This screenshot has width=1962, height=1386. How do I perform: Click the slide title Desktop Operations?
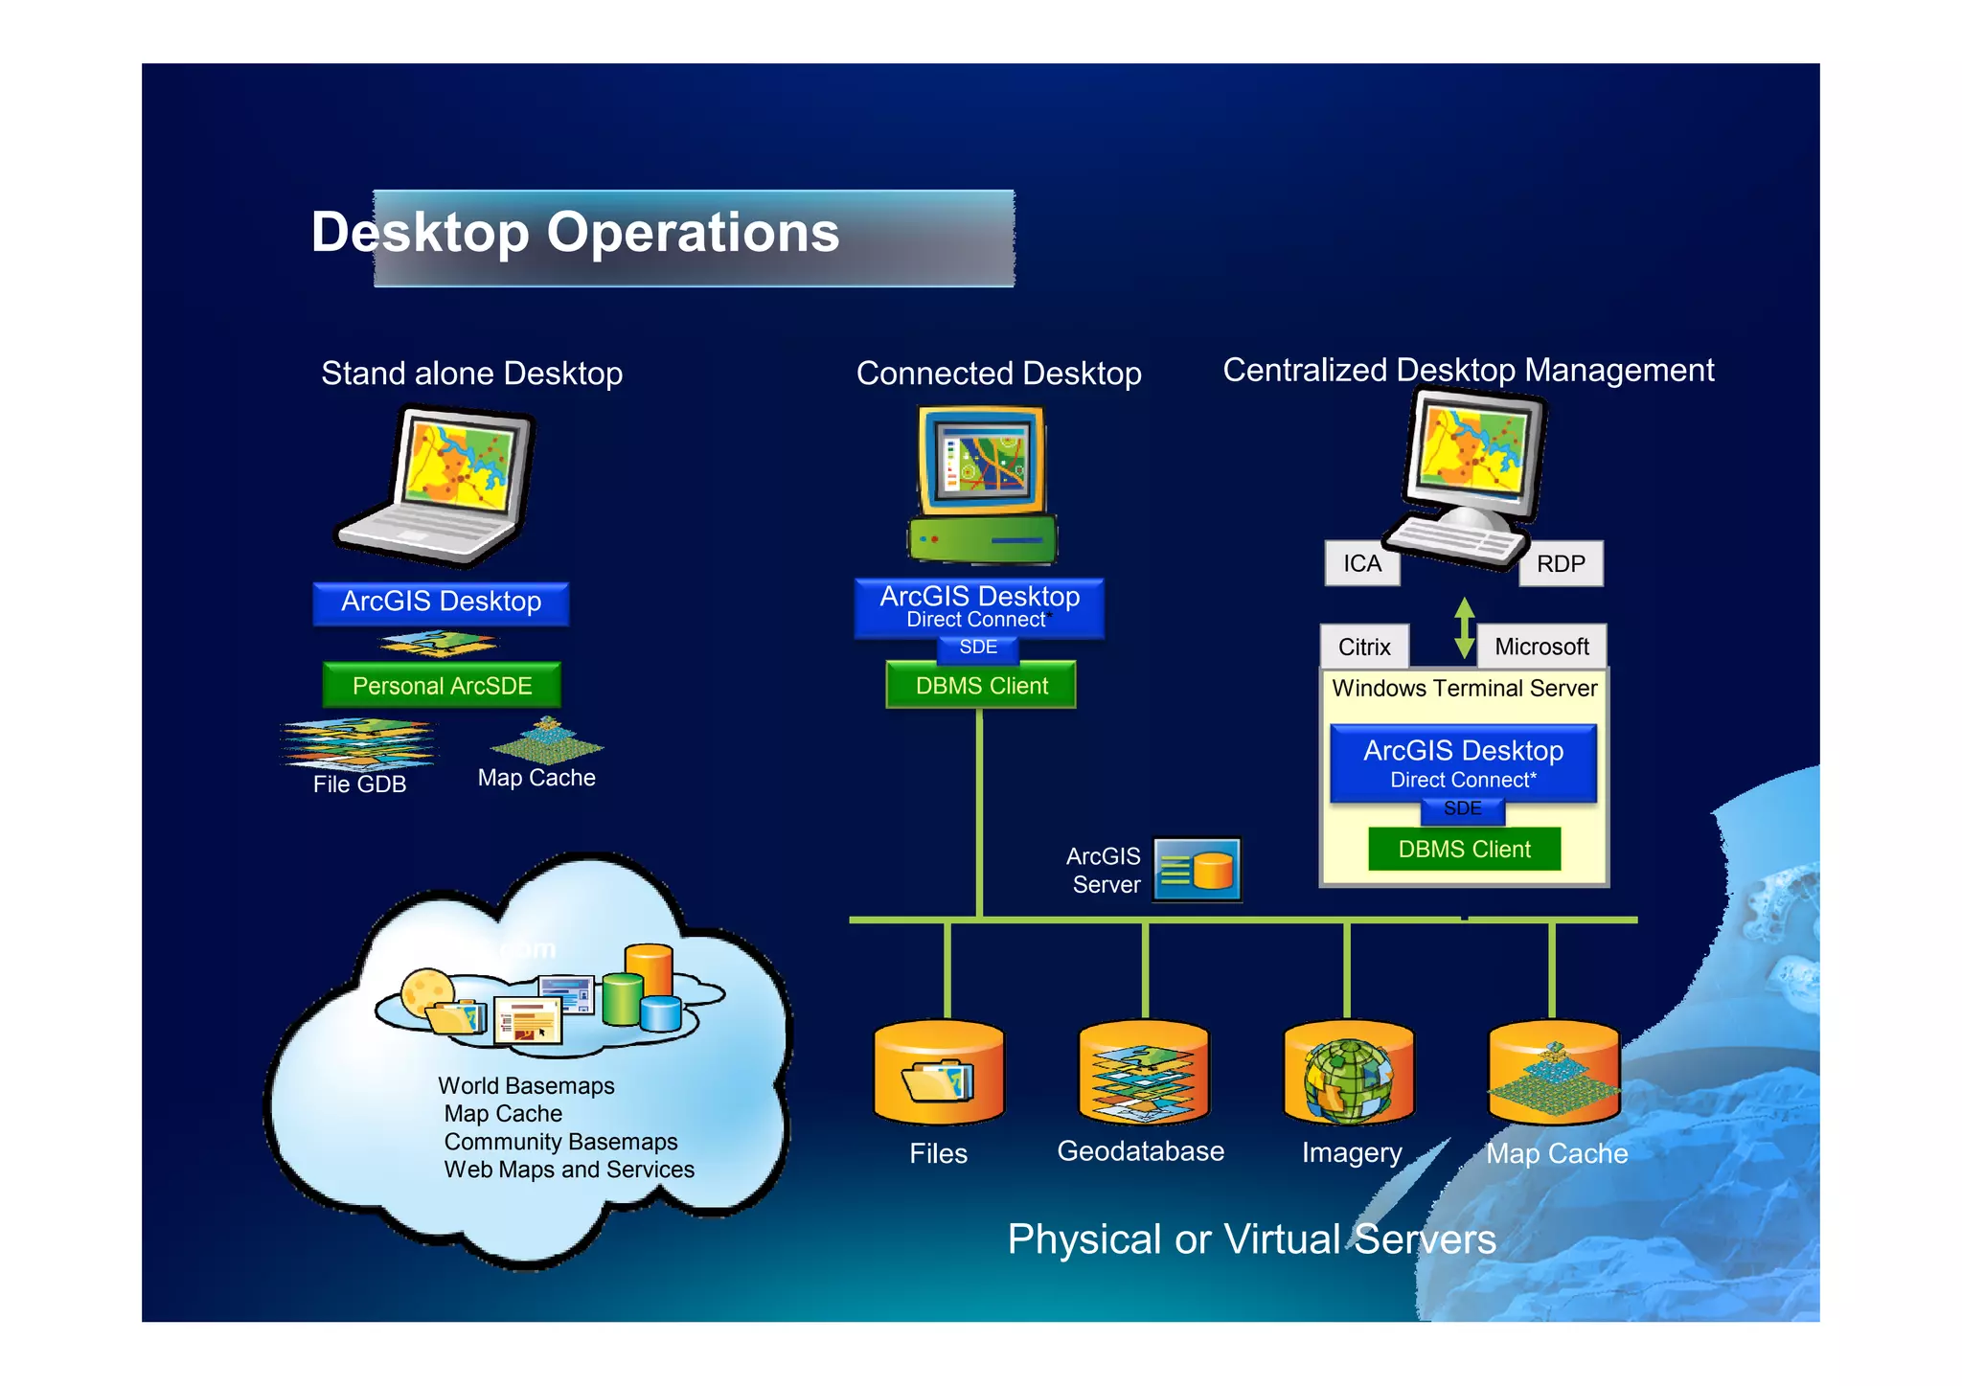pos(575,233)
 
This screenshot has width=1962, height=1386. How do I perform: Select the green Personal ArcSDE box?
pos(442,686)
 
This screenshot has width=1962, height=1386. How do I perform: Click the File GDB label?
pos(359,784)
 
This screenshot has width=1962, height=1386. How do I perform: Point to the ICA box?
pos(1361,563)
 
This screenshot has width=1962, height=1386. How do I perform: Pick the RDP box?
pos(1561,563)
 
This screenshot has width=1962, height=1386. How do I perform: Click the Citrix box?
pos(1364,647)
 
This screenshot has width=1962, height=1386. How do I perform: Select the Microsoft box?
pos(1541,647)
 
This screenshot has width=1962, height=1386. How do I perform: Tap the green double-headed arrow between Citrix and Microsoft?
pos(1464,628)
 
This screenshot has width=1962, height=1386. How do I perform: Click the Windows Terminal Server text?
pos(1464,688)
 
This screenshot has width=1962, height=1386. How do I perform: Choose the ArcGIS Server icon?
pos(1197,870)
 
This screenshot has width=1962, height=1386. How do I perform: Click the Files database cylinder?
pos(939,1073)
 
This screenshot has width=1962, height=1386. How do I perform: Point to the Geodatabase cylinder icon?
pos(1143,1073)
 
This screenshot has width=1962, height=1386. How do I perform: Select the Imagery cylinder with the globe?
pos(1349,1073)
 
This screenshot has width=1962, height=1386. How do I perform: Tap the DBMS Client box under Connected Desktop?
pos(981,686)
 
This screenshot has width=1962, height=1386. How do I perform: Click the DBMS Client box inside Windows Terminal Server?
pos(1464,849)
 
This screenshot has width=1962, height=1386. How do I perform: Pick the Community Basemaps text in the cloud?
pos(560,1142)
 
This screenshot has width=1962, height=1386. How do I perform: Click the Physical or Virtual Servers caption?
pos(1251,1239)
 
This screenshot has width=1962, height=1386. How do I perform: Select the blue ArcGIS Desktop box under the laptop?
pos(441,602)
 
